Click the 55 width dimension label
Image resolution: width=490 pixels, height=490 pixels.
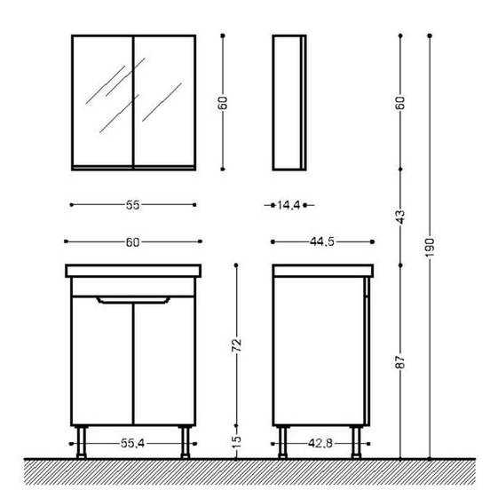[132, 205]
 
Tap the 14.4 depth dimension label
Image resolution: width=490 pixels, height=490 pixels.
[288, 205]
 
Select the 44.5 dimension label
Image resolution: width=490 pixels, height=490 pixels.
[322, 241]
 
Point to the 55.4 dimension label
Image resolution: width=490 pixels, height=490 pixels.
[132, 443]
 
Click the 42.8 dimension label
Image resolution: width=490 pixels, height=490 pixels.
[320, 443]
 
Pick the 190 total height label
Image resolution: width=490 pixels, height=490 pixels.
[430, 248]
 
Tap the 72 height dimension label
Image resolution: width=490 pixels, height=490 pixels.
[236, 344]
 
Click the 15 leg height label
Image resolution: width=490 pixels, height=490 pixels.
[236, 441]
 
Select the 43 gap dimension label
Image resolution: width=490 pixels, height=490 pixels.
[400, 217]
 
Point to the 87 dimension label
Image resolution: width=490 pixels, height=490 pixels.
[400, 362]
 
